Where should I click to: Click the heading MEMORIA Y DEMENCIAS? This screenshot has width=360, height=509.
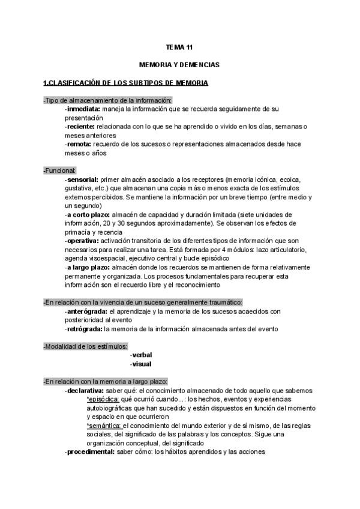point(179,64)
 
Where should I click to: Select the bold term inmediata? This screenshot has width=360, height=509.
point(83,110)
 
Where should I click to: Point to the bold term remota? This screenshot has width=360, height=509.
point(79,144)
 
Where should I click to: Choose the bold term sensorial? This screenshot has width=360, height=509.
point(82,179)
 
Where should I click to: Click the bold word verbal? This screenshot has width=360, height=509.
point(142,355)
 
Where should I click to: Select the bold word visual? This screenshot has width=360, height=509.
point(141,364)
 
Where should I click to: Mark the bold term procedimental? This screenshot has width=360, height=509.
point(89,452)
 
